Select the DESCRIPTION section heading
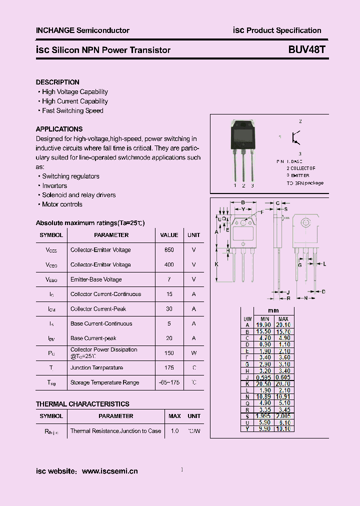[x=57, y=82]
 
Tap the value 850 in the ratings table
[x=169, y=249]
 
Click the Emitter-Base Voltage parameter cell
[x=96, y=279]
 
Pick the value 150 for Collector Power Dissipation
[x=169, y=353]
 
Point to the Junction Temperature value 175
[x=169, y=367]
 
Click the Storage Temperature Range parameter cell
[x=104, y=382]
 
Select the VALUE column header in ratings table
[x=169, y=235]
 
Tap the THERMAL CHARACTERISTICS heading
[x=82, y=404]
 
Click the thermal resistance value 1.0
[x=174, y=430]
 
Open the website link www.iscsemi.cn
[x=109, y=471]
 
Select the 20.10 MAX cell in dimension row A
[x=283, y=324]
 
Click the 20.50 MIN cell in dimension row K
[x=263, y=383]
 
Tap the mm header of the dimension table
[x=273, y=310]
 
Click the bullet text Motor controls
[x=62, y=204]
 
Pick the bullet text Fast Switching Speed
[x=72, y=110]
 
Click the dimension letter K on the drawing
[x=216, y=263]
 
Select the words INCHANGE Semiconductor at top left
[x=82, y=30]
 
